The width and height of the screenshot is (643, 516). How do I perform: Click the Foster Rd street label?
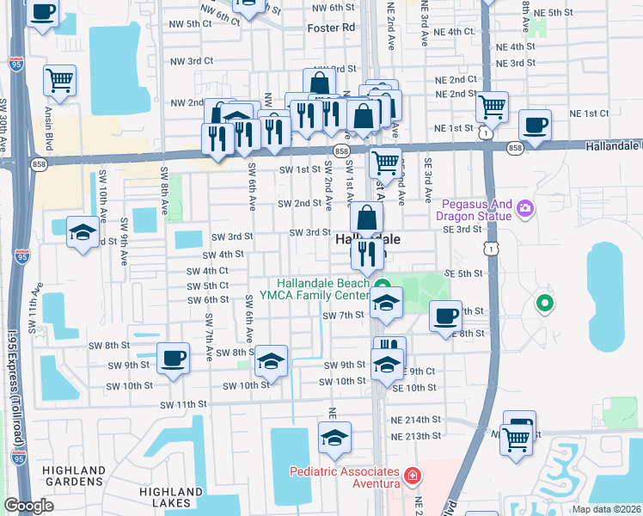pos(331,28)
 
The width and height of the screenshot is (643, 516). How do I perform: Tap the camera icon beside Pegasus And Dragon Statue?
pos(524,207)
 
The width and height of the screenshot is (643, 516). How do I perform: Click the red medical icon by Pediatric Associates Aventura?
pos(413,474)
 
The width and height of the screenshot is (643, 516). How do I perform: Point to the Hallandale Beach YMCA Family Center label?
pos(322,290)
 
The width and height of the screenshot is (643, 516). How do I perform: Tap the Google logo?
pos(28,506)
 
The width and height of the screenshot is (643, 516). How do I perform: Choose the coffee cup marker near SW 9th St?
pos(173,357)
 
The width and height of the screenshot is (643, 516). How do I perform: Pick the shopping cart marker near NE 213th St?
pos(516,438)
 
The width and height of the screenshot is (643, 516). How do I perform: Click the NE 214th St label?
pos(416,420)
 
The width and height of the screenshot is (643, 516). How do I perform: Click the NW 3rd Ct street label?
pos(189,61)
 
